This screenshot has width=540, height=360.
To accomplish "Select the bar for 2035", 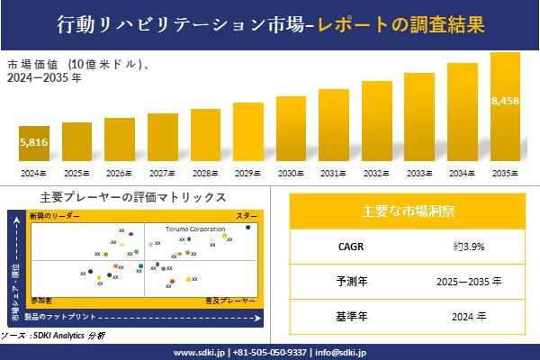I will [x=505, y=108].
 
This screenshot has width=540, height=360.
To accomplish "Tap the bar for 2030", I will [x=291, y=130].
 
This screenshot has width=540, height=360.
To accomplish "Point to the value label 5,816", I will [x=34, y=143].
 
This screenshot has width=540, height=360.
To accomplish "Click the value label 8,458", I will [x=505, y=100].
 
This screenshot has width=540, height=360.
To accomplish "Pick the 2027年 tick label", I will [x=162, y=173].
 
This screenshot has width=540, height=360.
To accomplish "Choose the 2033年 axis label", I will [x=418, y=173].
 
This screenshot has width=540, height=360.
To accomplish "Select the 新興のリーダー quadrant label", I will [x=55, y=217].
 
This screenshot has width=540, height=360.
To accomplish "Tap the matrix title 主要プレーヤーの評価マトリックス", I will [x=133, y=197].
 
